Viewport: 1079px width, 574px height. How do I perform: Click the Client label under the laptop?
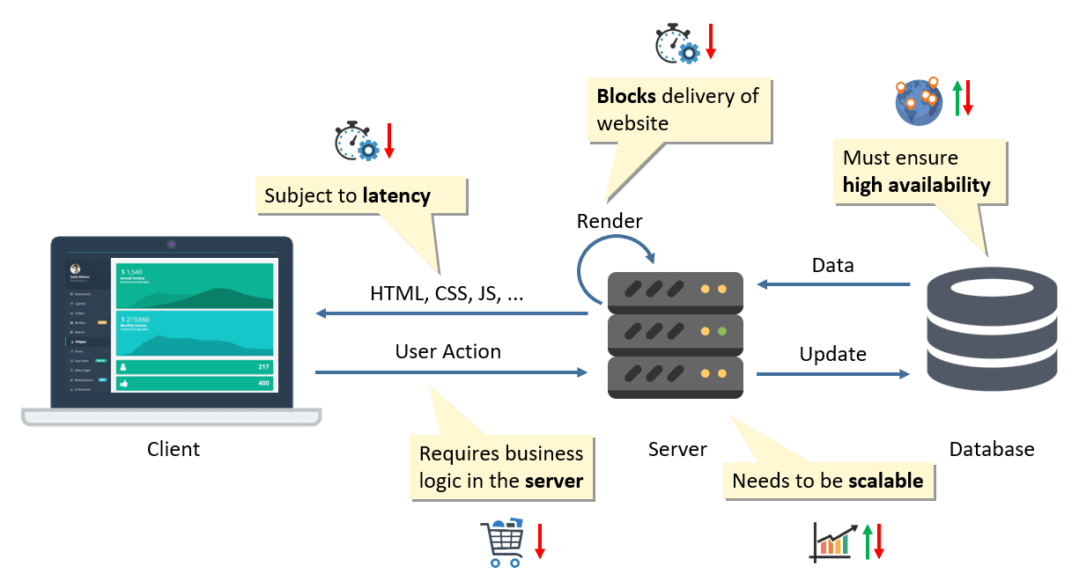tap(174, 449)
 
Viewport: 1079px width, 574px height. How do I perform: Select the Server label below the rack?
tap(677, 449)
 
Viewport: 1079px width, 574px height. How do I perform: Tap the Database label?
tap(992, 449)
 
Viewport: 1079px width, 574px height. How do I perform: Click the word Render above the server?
tap(610, 221)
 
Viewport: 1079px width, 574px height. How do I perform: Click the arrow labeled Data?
tap(833, 284)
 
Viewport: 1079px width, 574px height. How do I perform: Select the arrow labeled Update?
tap(833, 375)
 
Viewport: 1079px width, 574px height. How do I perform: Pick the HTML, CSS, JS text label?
tap(446, 295)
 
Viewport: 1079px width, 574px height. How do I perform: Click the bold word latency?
tap(396, 195)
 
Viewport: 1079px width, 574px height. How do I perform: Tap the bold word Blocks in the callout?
tap(626, 96)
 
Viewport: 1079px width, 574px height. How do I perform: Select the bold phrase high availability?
tap(916, 185)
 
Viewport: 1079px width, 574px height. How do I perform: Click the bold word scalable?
tap(885, 481)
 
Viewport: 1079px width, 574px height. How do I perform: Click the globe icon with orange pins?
tap(917, 100)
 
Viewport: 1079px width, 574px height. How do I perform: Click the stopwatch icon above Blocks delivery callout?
tap(676, 44)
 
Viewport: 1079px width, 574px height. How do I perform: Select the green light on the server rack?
tap(721, 332)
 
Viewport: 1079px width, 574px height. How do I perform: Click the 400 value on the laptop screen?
tap(262, 383)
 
